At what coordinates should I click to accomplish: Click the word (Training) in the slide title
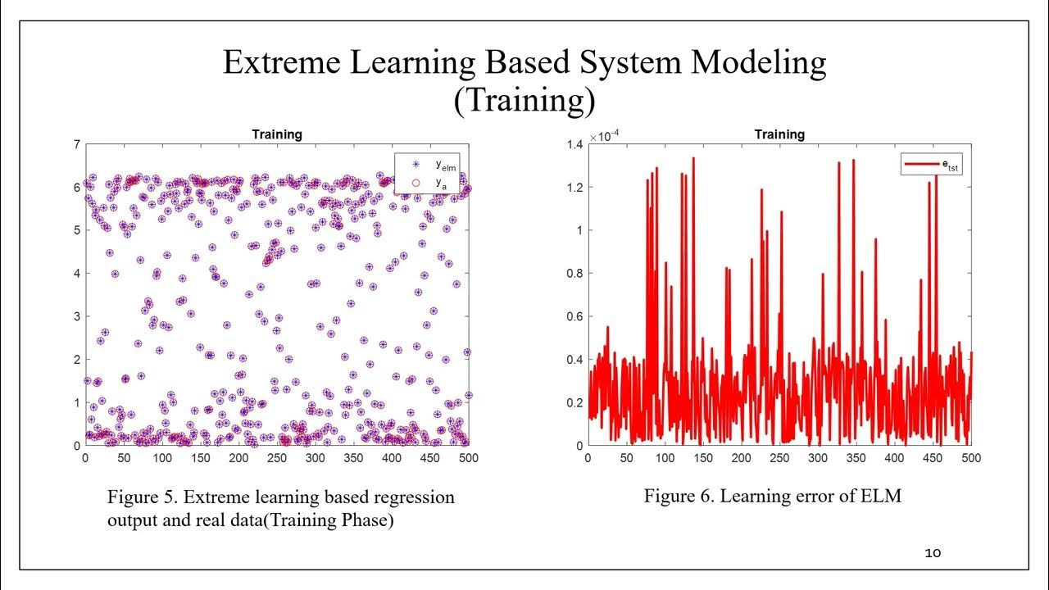[524, 101]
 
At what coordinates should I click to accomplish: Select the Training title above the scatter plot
[276, 134]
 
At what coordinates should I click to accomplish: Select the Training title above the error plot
[779, 134]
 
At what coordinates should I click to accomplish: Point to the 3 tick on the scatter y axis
[76, 316]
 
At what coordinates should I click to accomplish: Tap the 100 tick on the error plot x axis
[664, 459]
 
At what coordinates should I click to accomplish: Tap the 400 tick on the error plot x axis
[894, 459]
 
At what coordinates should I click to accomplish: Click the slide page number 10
[933, 553]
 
